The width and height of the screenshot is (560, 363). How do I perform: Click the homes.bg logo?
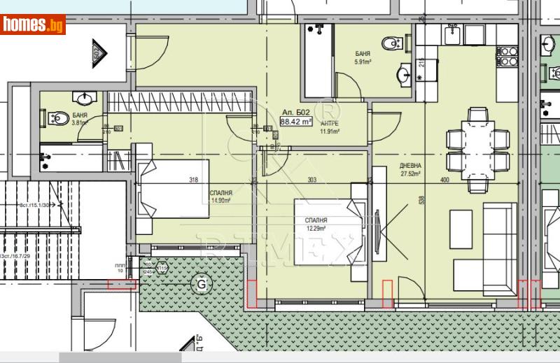(x=34, y=25)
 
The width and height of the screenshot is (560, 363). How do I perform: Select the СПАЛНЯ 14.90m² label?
(x=221, y=197)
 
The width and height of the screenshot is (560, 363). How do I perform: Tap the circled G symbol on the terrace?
(x=202, y=284)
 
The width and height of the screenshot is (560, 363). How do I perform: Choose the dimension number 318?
(x=194, y=180)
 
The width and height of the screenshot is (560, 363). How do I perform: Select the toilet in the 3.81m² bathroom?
(x=59, y=119)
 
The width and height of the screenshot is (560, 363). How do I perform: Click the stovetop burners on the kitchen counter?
(x=507, y=56)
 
